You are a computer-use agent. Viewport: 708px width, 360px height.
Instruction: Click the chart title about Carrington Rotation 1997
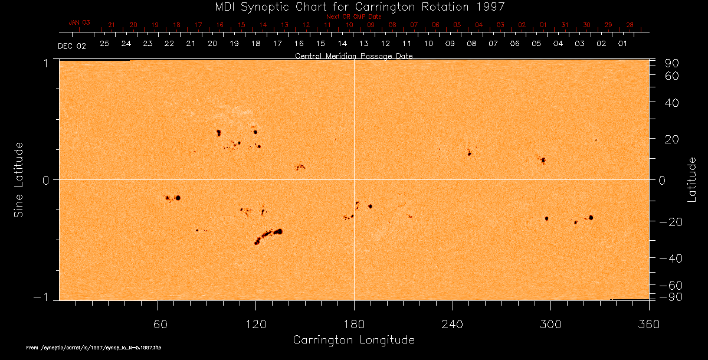tap(353, 6)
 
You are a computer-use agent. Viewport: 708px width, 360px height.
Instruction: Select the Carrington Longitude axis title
tap(353, 340)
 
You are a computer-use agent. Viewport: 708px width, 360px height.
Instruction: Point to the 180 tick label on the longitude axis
tap(354, 325)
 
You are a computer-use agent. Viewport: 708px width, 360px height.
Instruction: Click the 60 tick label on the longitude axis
tap(158, 325)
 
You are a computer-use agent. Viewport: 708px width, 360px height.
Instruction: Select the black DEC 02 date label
tap(72, 46)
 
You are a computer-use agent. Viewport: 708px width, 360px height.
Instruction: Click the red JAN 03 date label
tap(79, 22)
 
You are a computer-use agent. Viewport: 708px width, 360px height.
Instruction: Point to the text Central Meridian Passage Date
tap(353, 56)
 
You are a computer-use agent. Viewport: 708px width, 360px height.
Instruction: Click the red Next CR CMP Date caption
tap(353, 17)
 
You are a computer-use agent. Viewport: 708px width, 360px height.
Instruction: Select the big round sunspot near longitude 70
tap(178, 198)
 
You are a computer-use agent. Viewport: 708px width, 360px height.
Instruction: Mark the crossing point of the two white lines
tap(354, 179)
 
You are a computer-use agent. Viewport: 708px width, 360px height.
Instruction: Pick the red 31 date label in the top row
tap(565, 25)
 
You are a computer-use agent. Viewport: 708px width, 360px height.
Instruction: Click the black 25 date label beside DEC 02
tap(104, 44)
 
